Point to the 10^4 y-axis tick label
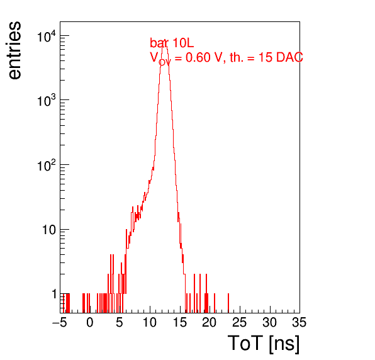pyautogui.click(x=47, y=37)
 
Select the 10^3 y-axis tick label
pyautogui.click(x=47, y=101)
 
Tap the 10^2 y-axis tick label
pyautogui.click(x=47, y=166)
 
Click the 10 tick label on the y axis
pyautogui.click(x=49, y=230)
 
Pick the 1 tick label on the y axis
pyautogui.click(x=54, y=294)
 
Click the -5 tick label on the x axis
pyautogui.click(x=60, y=322)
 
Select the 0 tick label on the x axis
pyautogui.click(x=90, y=322)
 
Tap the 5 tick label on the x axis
pyautogui.click(x=120, y=322)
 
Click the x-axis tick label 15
pyautogui.click(x=180, y=322)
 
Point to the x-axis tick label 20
pyautogui.click(x=210, y=322)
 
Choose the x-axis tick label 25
pyautogui.click(x=240, y=322)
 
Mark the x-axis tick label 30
pyautogui.click(x=270, y=322)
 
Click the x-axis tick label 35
pyautogui.click(x=299, y=322)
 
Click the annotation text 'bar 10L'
pyautogui.click(x=172, y=43)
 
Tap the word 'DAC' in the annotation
pyautogui.click(x=289, y=57)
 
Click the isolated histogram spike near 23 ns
pyautogui.click(x=228, y=303)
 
